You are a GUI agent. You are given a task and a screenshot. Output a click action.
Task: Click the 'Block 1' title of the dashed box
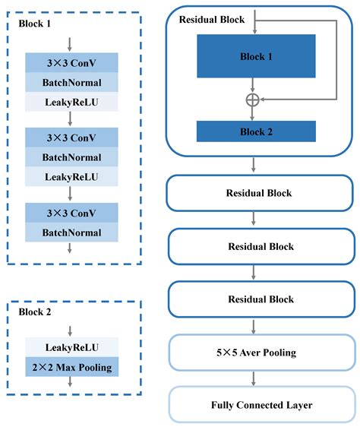(35, 24)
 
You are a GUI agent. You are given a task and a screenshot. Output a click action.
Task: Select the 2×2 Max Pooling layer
(71, 368)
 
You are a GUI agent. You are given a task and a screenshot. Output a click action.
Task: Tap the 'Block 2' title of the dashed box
(35, 312)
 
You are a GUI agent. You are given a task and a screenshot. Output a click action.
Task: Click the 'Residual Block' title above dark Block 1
(211, 19)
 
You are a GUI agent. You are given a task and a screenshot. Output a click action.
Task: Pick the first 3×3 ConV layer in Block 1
(71, 62)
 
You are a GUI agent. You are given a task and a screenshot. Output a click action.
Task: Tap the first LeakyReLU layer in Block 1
(71, 101)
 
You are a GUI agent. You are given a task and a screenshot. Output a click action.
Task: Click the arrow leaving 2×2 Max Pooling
(71, 383)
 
